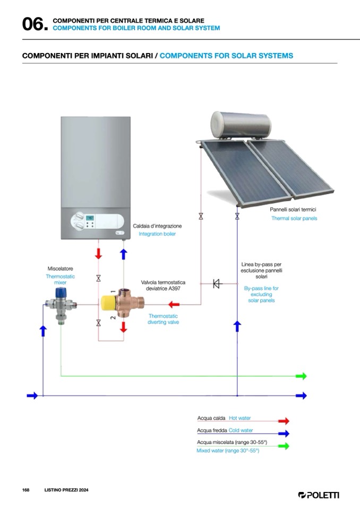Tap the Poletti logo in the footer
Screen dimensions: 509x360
coord(319,495)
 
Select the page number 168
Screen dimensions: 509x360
coord(25,489)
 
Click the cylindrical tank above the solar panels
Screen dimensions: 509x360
coord(241,124)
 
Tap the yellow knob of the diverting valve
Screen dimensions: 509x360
coord(110,303)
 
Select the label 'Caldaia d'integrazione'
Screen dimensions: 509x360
coord(157,226)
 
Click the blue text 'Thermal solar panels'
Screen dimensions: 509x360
coord(294,218)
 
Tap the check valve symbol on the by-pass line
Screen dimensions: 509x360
coord(217,283)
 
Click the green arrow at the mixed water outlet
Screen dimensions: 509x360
coord(301,376)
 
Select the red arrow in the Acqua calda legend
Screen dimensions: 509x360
coord(284,420)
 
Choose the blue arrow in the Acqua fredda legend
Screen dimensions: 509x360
coord(284,433)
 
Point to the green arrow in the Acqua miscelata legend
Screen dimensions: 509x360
coord(284,446)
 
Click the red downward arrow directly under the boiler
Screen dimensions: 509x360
coord(98,253)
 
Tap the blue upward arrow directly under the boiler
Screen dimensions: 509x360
coord(124,253)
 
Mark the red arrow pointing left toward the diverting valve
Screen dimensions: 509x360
coord(173,305)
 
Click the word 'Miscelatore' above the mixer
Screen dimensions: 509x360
coord(60,269)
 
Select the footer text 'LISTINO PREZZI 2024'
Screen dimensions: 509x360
coord(66,489)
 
